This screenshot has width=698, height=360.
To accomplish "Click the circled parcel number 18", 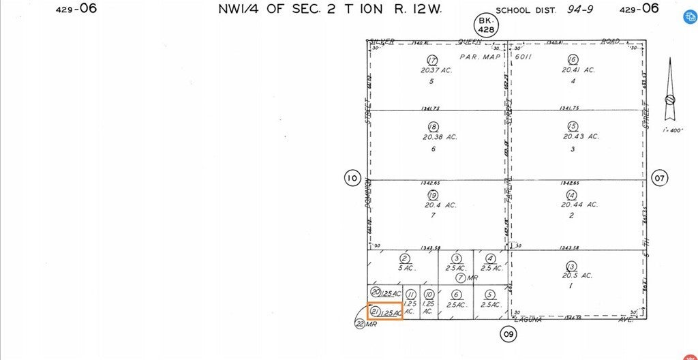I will pos(432,127).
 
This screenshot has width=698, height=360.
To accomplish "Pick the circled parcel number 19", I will pos(432,195).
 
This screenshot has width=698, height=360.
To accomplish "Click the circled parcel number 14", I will pos(571,195).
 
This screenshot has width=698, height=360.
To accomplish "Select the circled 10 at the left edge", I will pos(352,179).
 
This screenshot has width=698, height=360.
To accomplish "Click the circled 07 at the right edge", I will pos(660,179).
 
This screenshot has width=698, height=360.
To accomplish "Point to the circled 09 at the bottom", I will pos(508,334).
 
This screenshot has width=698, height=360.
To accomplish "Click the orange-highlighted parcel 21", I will pos(385,312).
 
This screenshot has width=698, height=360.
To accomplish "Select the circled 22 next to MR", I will pos(360,324).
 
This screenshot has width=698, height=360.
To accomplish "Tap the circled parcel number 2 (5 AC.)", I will pos(404,258).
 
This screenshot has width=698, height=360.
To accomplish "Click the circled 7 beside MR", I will pos(461,277).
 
